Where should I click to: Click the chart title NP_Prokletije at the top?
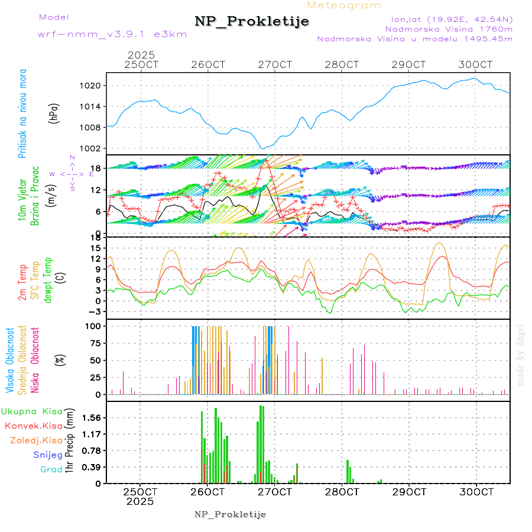click(x=252, y=22)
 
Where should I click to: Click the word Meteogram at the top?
click(x=345, y=5)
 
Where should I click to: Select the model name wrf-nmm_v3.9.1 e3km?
click(x=112, y=34)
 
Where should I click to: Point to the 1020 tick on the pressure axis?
click(x=90, y=86)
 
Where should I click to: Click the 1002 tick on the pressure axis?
click(x=90, y=148)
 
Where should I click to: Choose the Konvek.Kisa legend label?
click(x=33, y=426)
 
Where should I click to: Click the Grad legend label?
click(x=51, y=469)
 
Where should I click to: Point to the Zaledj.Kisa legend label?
click(x=36, y=440)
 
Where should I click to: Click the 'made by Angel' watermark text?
click(x=521, y=355)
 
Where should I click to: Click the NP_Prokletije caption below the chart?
click(x=231, y=514)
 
